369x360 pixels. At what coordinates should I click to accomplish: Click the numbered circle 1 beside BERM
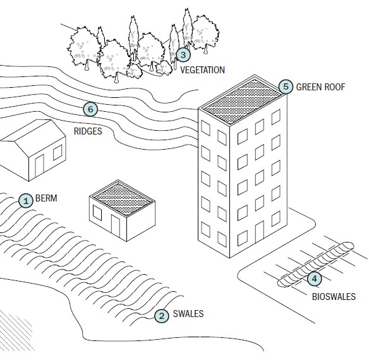tap(26, 201)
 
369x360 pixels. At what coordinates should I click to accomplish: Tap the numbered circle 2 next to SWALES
tap(162, 316)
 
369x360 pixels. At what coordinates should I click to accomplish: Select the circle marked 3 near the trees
tap(183, 55)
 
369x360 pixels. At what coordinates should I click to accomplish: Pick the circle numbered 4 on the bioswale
tap(314, 279)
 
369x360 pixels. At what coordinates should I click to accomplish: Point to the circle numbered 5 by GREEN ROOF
tap(286, 87)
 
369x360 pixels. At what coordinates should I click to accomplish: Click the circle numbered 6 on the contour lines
tap(90, 109)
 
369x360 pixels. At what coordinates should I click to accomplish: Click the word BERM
tap(46, 198)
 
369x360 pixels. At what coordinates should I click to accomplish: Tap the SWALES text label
tap(188, 314)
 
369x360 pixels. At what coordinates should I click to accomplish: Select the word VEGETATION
tap(202, 70)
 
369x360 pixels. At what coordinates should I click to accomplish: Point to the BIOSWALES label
tap(334, 296)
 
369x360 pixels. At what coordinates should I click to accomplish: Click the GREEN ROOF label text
tap(320, 87)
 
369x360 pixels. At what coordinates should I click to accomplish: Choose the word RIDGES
tap(88, 131)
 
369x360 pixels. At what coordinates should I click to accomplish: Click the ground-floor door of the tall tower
tap(260, 232)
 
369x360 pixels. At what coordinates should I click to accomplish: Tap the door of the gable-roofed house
tap(40, 165)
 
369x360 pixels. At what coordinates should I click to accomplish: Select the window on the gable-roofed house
tap(57, 152)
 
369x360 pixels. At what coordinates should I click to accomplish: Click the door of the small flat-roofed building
tap(116, 226)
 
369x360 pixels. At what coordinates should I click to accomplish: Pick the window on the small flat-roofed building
tap(97, 213)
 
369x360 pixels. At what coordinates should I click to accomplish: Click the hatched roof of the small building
tap(122, 199)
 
